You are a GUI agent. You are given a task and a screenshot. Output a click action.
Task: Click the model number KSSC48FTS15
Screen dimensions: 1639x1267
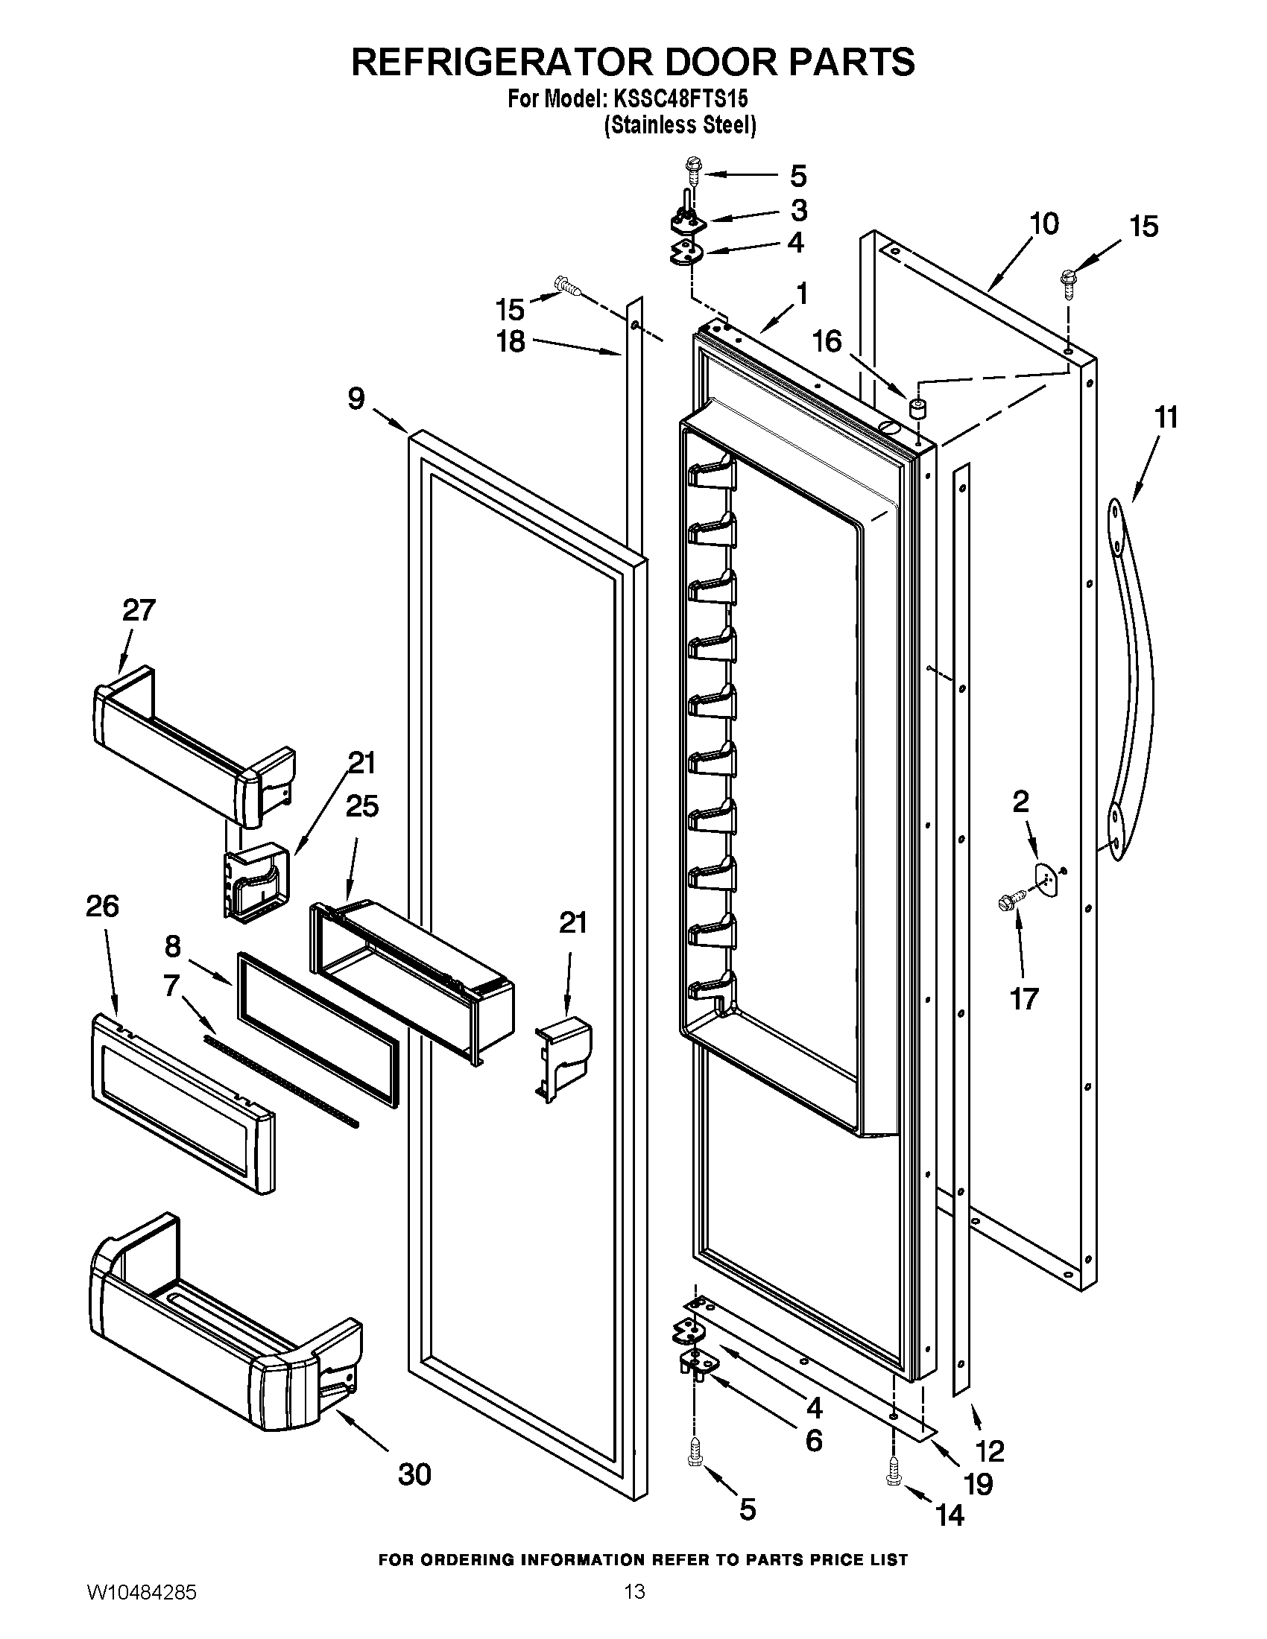tap(680, 98)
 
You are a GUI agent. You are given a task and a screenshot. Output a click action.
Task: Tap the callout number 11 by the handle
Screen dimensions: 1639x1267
tap(1166, 417)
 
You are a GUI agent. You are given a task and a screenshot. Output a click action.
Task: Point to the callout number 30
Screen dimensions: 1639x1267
tap(414, 1474)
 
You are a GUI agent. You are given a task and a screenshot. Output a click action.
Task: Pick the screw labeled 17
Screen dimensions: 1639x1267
tap(1008, 901)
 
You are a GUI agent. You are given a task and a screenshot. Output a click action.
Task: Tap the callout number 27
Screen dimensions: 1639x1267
tap(139, 609)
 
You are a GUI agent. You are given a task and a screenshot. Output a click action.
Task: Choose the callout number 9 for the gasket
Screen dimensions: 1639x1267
tap(356, 398)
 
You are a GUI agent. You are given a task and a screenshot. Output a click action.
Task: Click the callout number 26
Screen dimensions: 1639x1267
tap(102, 906)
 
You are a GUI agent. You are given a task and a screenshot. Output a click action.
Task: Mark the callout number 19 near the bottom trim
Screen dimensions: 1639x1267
tap(978, 1483)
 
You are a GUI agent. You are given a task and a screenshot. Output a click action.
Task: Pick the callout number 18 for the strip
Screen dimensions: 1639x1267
tap(511, 341)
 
